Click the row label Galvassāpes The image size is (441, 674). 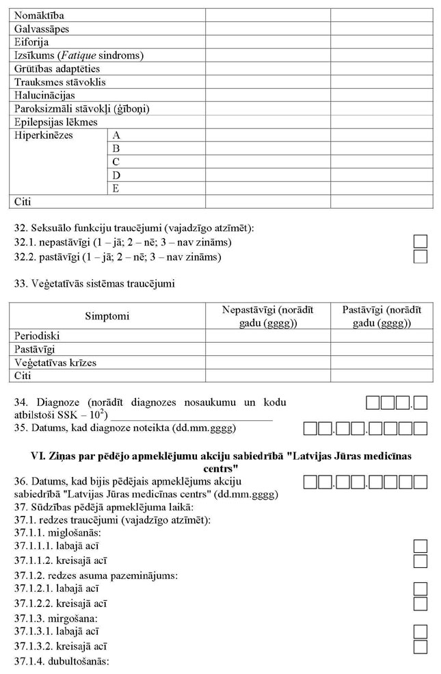coord(42,29)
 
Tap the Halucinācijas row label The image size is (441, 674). coord(44,96)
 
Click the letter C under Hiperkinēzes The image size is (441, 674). coord(116,162)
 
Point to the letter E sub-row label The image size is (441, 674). coord(116,189)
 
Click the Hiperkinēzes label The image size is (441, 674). coord(43,135)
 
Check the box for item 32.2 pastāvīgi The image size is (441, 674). coord(421,257)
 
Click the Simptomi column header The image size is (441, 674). coord(107,316)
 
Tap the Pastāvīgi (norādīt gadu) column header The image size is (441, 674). coord(382,316)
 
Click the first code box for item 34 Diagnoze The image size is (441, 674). coord(373,404)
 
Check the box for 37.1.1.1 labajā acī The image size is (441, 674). coord(421,546)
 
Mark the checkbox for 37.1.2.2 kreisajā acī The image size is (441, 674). coord(421,604)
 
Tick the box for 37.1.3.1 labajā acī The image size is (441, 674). coord(421,632)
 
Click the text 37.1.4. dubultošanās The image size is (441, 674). coord(62,661)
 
